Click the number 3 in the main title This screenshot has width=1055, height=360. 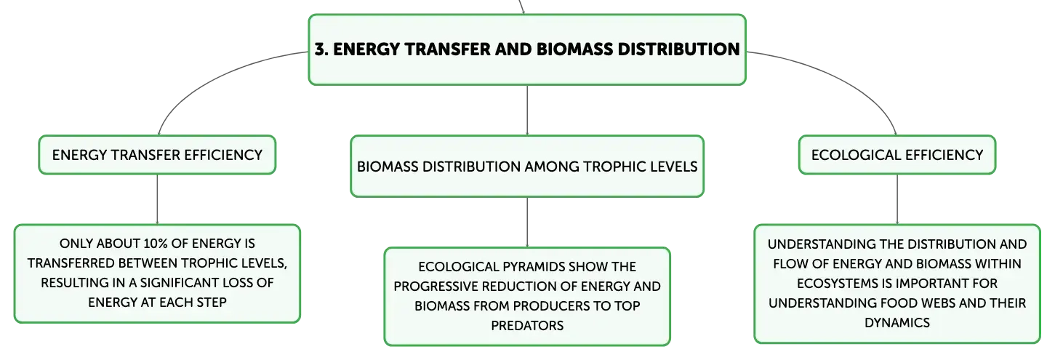pyautogui.click(x=320, y=49)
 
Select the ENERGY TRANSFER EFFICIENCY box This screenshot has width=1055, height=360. pyautogui.click(x=157, y=155)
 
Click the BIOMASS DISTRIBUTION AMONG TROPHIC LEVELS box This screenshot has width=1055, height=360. pyautogui.click(x=527, y=167)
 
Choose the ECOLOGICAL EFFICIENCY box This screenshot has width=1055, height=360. pyautogui.click(x=897, y=155)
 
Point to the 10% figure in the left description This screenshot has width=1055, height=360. pyautogui.click(x=155, y=244)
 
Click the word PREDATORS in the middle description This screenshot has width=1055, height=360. pyautogui.click(x=527, y=326)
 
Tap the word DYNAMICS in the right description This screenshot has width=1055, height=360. pyautogui.click(x=897, y=323)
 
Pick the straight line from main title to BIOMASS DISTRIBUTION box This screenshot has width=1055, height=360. pyautogui.click(x=527, y=111)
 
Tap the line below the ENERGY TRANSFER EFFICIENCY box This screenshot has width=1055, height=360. pyautogui.click(x=157, y=199)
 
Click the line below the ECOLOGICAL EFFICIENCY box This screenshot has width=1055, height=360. pyautogui.click(x=897, y=199)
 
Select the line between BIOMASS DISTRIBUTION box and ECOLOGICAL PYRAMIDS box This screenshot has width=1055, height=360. pyautogui.click(x=527, y=222)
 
